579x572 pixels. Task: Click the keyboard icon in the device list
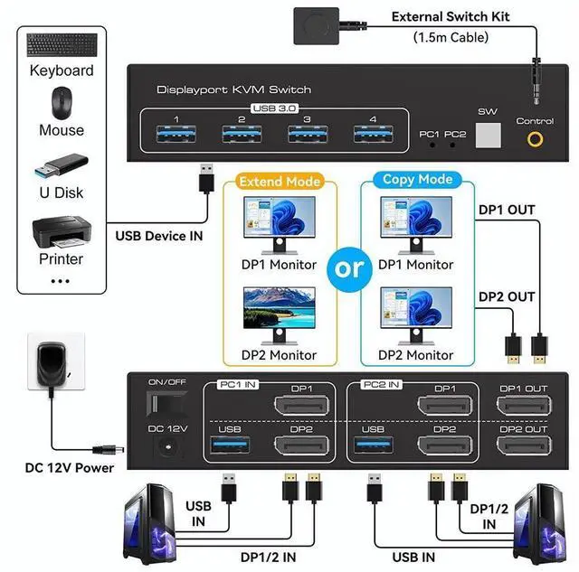click(61, 45)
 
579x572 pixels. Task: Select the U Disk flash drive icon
click(61, 167)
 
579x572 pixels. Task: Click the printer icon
click(61, 232)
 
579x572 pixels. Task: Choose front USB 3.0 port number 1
click(176, 136)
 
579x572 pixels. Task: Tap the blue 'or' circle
click(350, 268)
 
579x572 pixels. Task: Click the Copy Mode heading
click(417, 179)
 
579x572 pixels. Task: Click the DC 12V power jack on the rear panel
click(167, 445)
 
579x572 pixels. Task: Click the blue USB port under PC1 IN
click(230, 445)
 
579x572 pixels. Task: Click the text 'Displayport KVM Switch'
click(233, 89)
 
